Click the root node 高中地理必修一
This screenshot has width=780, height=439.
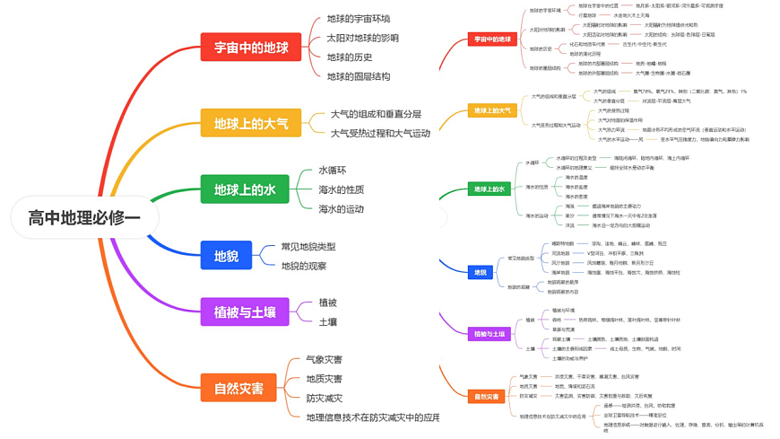click(x=84, y=217)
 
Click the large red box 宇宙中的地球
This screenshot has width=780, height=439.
click(x=250, y=48)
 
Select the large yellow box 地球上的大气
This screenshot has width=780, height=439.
click(x=250, y=123)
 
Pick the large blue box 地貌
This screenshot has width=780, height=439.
click(x=226, y=256)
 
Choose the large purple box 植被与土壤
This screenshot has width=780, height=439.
click(x=244, y=312)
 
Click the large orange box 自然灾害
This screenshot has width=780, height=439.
click(x=238, y=388)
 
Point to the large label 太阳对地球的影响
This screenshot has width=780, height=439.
click(x=362, y=38)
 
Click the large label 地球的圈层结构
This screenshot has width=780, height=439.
click(x=358, y=76)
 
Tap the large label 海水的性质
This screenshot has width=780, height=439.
click(x=341, y=189)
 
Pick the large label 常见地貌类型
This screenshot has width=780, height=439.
click(x=308, y=246)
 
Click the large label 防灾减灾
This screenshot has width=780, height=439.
click(x=324, y=398)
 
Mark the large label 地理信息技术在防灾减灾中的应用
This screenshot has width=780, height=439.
click(x=372, y=417)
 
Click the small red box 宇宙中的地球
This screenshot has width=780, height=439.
click(x=492, y=40)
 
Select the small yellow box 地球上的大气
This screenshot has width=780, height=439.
click(x=492, y=110)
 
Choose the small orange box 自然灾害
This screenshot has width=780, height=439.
click(x=486, y=396)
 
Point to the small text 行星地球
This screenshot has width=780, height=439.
click(x=586, y=15)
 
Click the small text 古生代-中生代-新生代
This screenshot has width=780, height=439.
click(x=644, y=44)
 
